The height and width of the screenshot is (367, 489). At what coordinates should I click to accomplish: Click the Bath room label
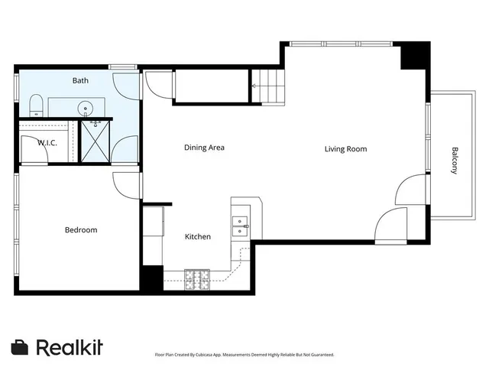(x=80, y=80)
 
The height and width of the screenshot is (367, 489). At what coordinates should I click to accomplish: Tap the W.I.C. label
(x=34, y=142)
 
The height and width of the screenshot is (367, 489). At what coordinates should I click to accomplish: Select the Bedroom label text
(x=80, y=229)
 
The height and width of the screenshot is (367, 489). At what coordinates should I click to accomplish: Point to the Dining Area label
(x=204, y=148)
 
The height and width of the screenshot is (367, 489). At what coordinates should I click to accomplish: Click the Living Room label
(x=345, y=148)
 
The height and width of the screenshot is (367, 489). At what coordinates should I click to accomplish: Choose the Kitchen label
(x=198, y=236)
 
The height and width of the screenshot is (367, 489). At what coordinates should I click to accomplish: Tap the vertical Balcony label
(x=455, y=161)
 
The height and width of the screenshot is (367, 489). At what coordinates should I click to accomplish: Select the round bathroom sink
(x=86, y=107)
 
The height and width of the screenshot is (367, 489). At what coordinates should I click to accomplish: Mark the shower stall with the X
(x=96, y=141)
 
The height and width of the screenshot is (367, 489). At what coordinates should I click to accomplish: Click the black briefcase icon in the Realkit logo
(x=21, y=347)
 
